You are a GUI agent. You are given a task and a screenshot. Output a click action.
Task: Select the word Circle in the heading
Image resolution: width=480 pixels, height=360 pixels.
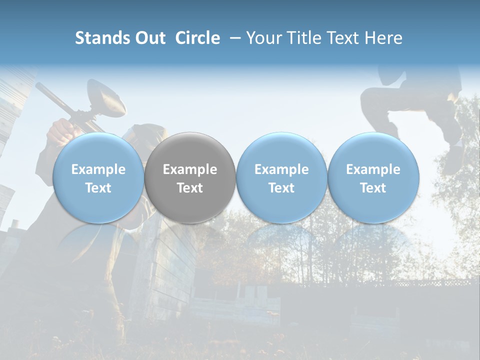(197, 38)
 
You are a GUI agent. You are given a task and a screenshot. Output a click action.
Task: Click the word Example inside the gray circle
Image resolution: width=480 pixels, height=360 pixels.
(190, 169)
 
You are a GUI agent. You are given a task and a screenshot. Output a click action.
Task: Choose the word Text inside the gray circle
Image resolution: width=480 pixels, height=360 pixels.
(190, 188)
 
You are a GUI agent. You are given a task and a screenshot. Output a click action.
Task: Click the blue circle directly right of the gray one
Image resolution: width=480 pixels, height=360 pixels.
(281, 177)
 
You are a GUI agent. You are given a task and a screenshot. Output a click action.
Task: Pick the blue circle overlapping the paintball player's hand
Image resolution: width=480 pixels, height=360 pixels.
(98, 177)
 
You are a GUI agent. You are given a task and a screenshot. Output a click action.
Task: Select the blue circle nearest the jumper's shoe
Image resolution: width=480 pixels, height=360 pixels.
(373, 177)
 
